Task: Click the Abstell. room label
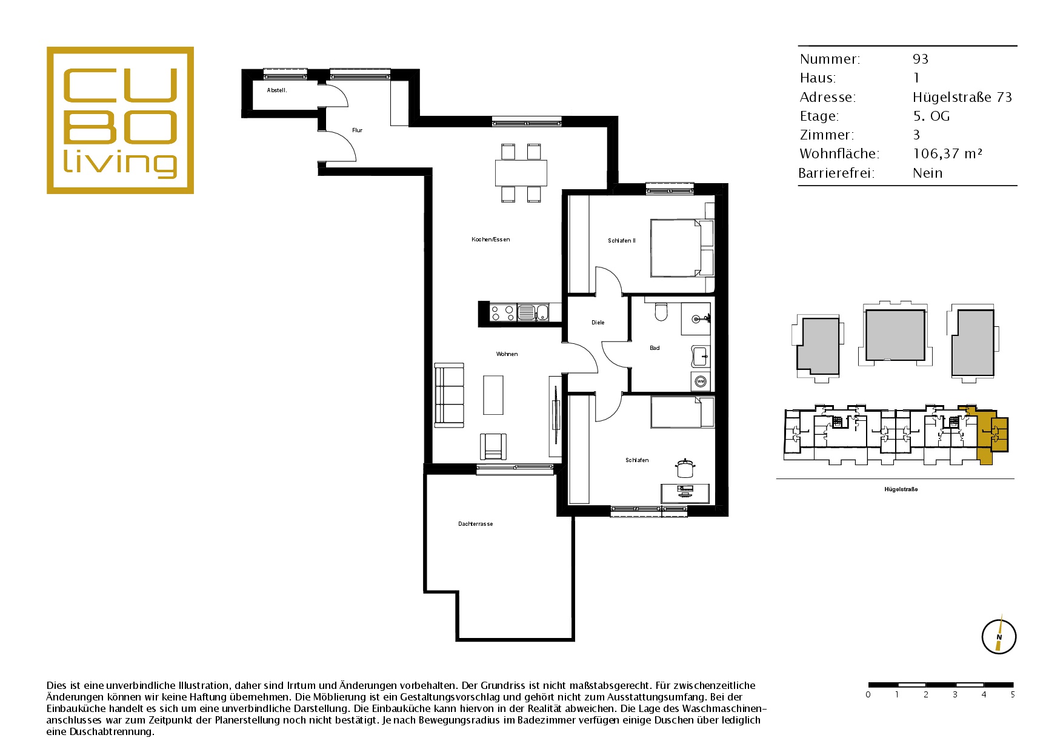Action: (277, 90)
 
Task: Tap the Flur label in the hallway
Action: (357, 130)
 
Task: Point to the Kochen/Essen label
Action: (491, 240)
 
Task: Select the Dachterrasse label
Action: (476, 524)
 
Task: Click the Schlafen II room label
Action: (622, 241)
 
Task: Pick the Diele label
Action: (598, 323)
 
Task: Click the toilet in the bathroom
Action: (661, 311)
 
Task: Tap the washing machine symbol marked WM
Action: (701, 381)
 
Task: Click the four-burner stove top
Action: (502, 313)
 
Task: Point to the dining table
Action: (521, 173)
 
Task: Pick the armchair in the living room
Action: (493, 446)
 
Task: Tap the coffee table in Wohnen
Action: (493, 395)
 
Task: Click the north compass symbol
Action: (999, 636)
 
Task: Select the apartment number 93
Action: (921, 59)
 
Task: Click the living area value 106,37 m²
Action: (947, 154)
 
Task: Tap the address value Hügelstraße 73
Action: (962, 97)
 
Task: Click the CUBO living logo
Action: (120, 120)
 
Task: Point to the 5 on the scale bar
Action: (1013, 694)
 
